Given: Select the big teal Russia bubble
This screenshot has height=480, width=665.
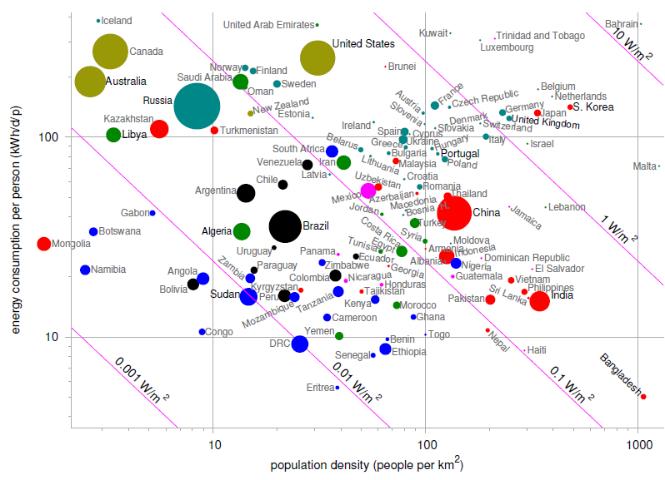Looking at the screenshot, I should click(x=197, y=106).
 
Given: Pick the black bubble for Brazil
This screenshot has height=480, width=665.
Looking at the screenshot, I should click(x=285, y=225).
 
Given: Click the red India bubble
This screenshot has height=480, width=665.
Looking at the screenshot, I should click(x=539, y=301).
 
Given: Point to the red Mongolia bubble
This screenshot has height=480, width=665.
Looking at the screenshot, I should click(x=43, y=244).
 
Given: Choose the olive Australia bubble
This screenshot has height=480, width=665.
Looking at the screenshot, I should click(x=89, y=82).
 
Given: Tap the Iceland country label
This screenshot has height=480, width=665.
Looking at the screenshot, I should click(x=116, y=21).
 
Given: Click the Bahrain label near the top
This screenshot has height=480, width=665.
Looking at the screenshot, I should click(x=622, y=24).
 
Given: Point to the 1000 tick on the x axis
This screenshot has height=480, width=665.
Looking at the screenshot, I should click(x=638, y=445).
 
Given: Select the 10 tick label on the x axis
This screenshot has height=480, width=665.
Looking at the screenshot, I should click(x=213, y=445).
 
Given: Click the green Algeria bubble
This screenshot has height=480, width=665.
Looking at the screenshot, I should click(x=242, y=231).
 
